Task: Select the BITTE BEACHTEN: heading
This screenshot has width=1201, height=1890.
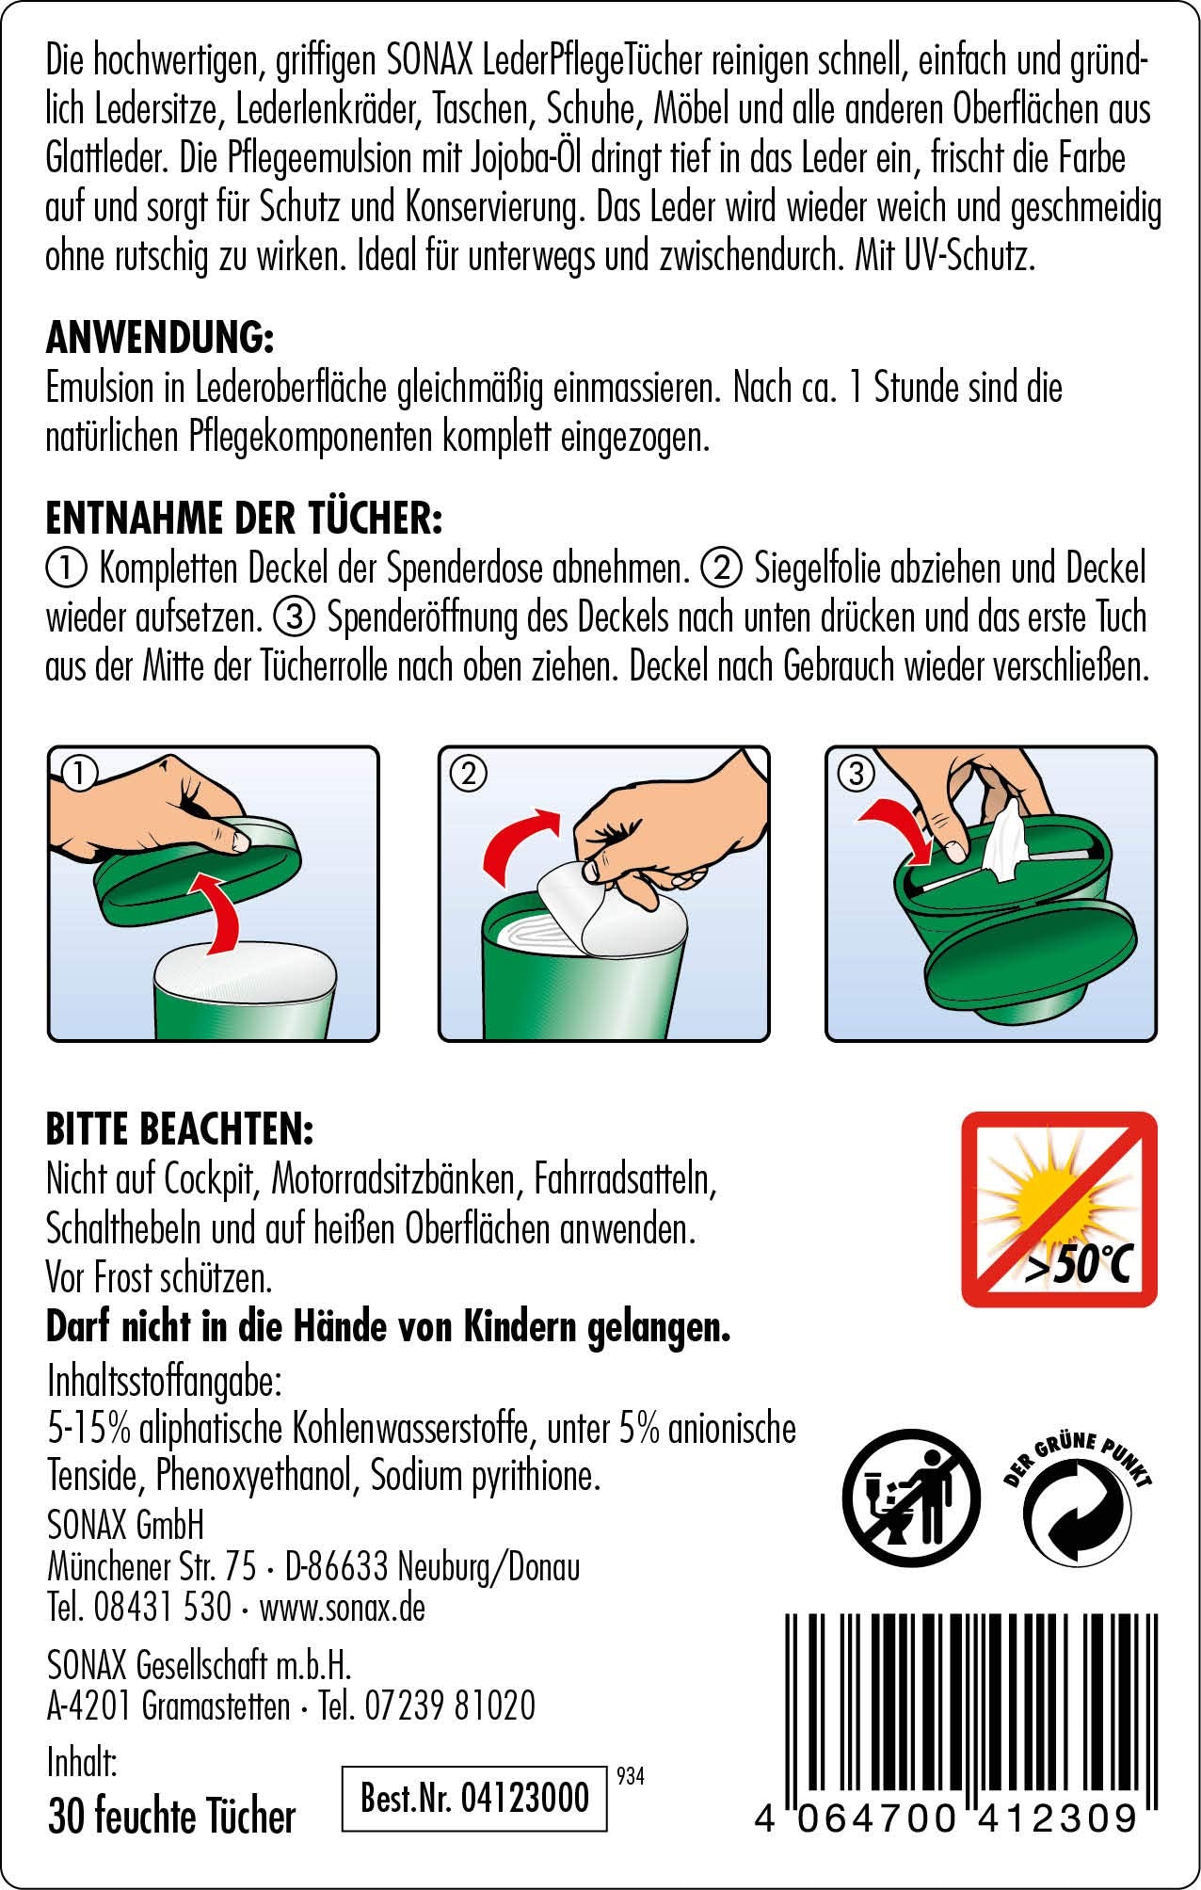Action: tap(180, 1129)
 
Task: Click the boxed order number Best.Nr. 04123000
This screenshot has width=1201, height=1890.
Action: tap(475, 1797)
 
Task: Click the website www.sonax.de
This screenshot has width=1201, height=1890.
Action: tap(343, 1607)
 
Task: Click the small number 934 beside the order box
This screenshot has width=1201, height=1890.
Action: tap(631, 1776)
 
